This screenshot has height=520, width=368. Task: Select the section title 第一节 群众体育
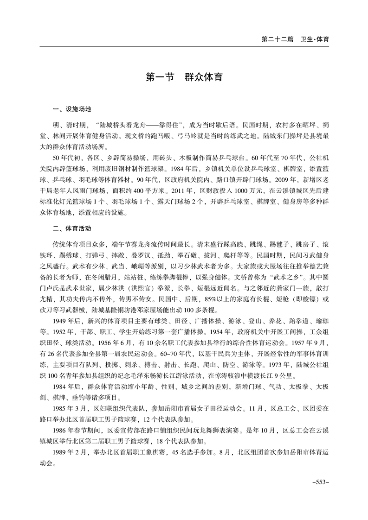[184, 77]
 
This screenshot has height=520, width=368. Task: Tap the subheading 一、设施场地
[72, 109]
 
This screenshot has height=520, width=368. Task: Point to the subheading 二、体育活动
[72, 229]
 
